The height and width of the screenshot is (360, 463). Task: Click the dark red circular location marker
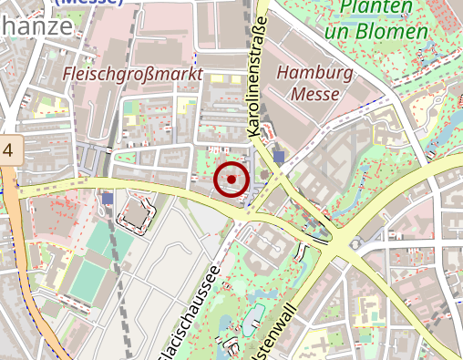tap(231, 180)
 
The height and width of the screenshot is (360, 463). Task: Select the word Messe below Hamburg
tap(316, 93)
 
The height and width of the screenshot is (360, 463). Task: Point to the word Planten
tap(374, 9)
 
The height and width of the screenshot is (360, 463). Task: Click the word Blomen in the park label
tap(396, 33)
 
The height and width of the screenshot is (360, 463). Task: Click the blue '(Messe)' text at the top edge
tap(89, 3)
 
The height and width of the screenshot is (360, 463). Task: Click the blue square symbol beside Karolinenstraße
tap(278, 157)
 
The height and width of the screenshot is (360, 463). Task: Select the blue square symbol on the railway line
tap(108, 198)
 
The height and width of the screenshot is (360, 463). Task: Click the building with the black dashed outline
tap(134, 213)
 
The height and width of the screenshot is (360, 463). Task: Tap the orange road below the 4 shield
tap(27, 273)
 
